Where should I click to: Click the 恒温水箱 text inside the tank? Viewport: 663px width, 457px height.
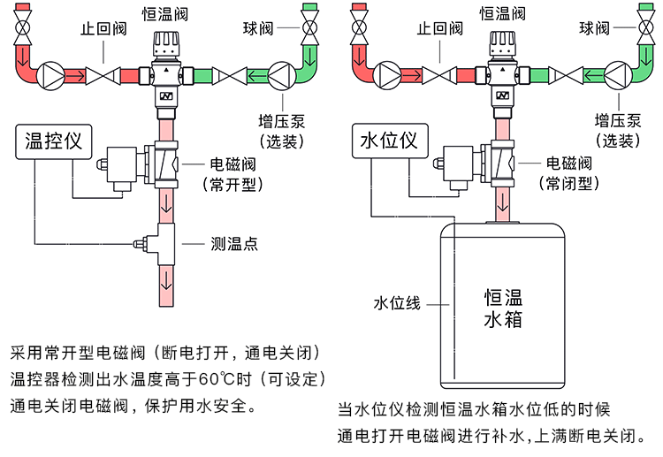click(503, 307)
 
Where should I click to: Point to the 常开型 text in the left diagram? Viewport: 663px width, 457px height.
click(233, 185)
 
